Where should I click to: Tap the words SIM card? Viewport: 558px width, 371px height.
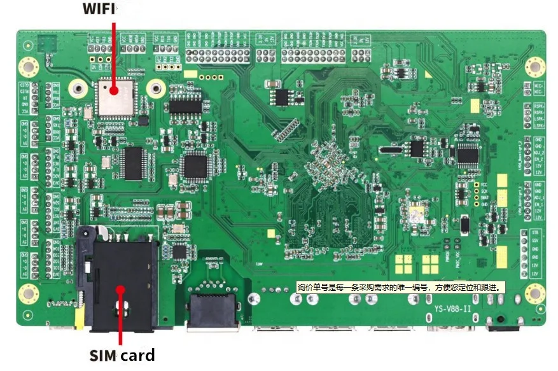pyautogui.click(x=122, y=354)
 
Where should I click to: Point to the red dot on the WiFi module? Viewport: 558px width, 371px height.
pyautogui.click(x=115, y=92)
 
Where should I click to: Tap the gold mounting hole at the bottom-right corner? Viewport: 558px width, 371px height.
pyautogui.click(x=534, y=293)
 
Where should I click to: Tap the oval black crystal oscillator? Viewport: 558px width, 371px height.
pyautogui.click(x=389, y=151)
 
